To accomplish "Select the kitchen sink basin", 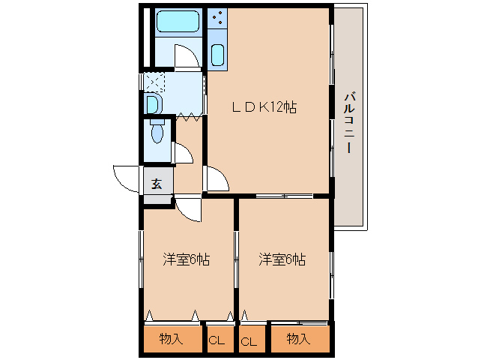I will point(217,55).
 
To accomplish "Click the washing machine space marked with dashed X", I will point(154,82).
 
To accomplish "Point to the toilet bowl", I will point(157,133).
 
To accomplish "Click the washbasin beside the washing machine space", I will point(152,103).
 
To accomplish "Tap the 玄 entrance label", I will point(157,183).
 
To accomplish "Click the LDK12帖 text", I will point(264,107).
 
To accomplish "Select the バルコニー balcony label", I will point(349,121).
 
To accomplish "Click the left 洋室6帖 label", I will point(186,259).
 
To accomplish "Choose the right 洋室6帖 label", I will point(282,259).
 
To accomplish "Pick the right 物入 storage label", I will point(298,339).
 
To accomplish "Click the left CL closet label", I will point(217,340).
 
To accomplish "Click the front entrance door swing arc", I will point(126,178).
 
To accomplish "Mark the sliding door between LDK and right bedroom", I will point(283,196).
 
